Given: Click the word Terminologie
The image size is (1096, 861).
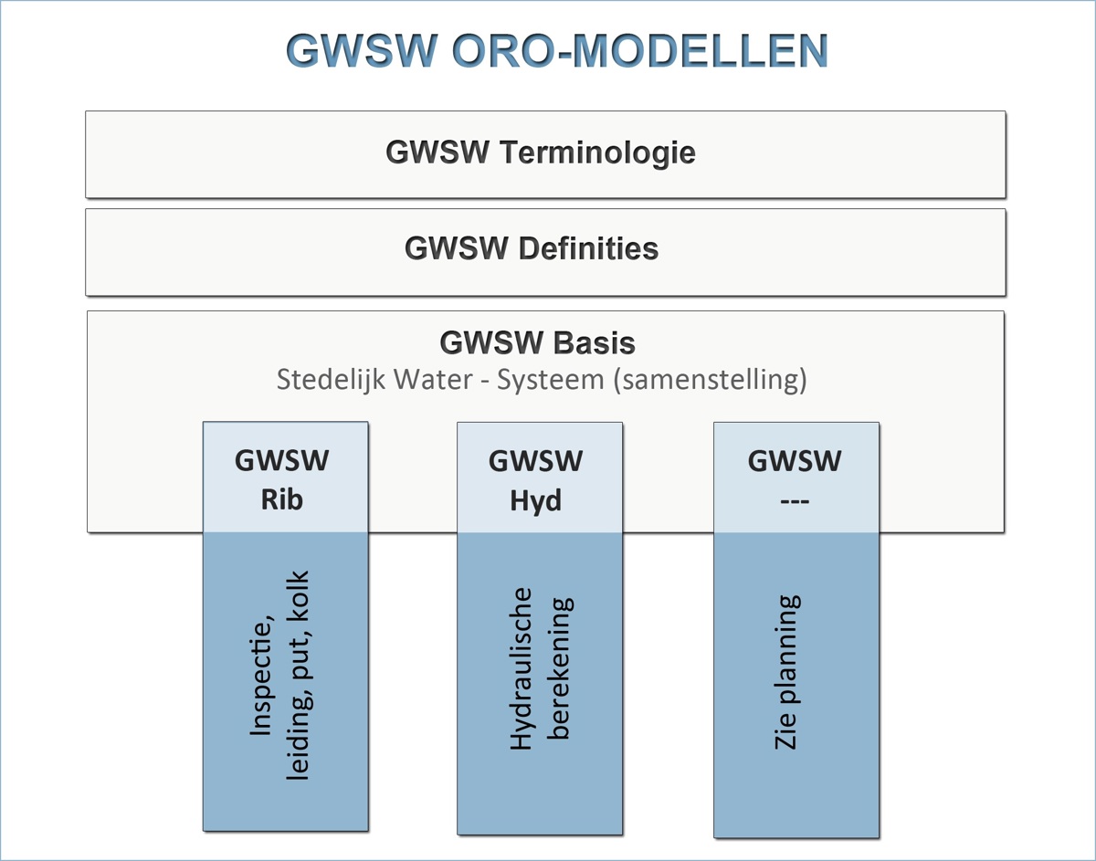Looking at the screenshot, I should point(598,152).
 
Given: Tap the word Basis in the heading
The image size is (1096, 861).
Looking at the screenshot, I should point(596,343).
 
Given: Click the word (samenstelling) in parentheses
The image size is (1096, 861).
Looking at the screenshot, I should point(710,379).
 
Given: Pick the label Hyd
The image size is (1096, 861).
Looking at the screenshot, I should point(536,501).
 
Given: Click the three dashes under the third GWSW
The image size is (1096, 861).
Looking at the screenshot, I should point(794,501).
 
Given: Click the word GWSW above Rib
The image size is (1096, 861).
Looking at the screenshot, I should point(282,460).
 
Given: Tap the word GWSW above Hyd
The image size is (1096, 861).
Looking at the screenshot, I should point(536,460).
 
